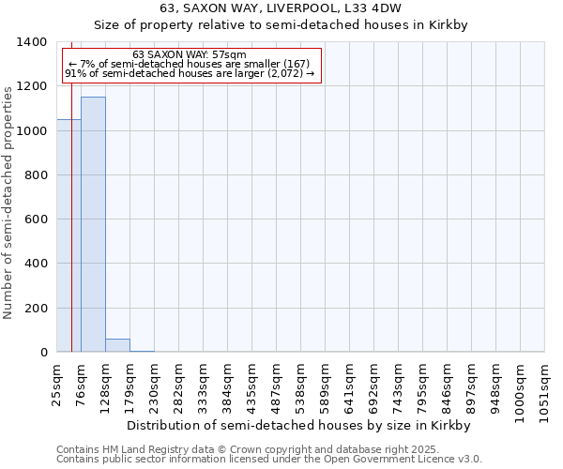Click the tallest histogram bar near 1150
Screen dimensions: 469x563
(93, 225)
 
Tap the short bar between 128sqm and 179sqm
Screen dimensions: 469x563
(117, 345)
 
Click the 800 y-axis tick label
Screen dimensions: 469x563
(36, 175)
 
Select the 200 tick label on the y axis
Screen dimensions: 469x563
(36, 309)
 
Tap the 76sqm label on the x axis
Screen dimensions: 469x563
(82, 384)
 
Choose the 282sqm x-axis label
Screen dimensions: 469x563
(179, 384)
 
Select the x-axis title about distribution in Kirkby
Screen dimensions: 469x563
(297, 425)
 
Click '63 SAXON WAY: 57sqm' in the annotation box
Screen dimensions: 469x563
(190, 54)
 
